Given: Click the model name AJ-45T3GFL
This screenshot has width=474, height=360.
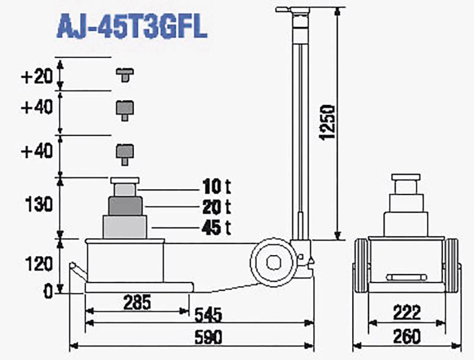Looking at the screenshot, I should [x=131, y=27].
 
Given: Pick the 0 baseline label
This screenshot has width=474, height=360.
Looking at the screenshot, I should [x=47, y=291].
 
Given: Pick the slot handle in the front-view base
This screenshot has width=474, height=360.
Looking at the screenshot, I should [x=405, y=277].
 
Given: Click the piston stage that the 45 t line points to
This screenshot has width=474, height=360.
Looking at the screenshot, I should [x=125, y=227].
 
